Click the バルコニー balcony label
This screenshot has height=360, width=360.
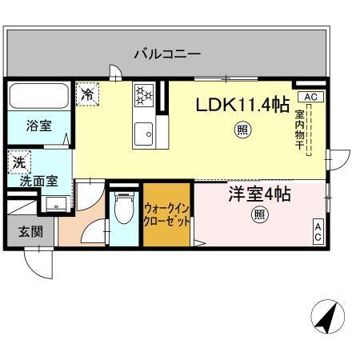coord(167,54)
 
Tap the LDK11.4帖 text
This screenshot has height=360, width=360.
coord(243,104)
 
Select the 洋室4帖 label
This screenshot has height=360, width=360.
coord(259,194)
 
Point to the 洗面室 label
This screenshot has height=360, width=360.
coord(38,181)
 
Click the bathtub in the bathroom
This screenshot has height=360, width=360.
coord(40,98)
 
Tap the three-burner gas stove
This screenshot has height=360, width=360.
coord(143,95)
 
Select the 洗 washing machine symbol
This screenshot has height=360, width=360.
coord(18,162)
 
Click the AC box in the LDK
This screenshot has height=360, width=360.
coord(312,97)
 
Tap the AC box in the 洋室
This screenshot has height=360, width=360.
coord(318,231)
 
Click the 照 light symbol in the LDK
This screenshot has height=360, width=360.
coord(241,130)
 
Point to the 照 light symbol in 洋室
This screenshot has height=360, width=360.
coord(259,214)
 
